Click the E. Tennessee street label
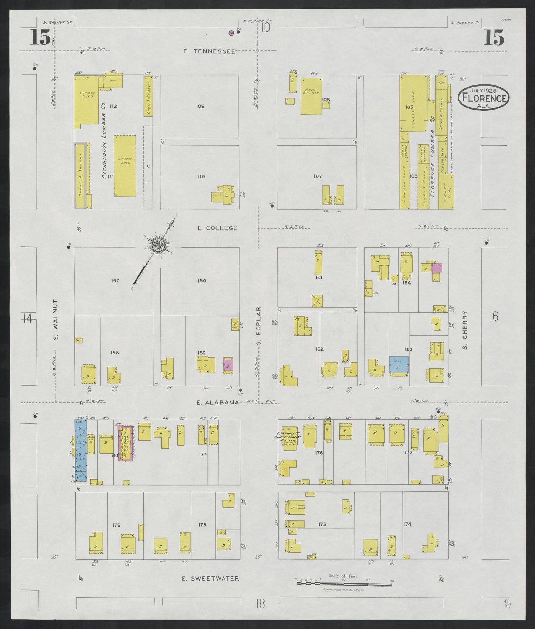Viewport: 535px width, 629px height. pos(209,51)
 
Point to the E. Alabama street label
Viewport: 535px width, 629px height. pos(217,403)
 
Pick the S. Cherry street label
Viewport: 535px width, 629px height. pos(465,330)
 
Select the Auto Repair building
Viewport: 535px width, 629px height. pos(311,96)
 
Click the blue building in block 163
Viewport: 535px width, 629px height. pos(399,365)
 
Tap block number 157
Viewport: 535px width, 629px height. pos(115,281)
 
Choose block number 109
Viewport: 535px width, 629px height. pos(200,106)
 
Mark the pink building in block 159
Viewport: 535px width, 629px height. pos(228,365)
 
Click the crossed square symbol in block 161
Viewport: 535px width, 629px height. pos(318,301)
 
